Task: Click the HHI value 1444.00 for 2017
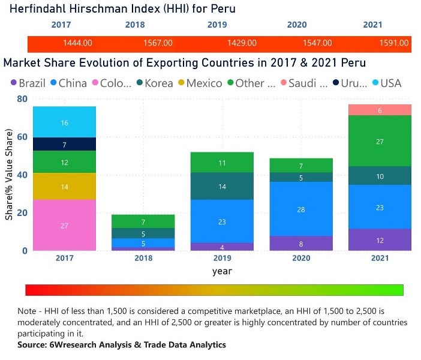click(x=77, y=43)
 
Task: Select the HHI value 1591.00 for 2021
click(x=395, y=43)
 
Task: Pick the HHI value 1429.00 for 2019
click(x=242, y=43)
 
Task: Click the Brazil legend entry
click(x=26, y=83)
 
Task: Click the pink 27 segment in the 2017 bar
click(x=64, y=226)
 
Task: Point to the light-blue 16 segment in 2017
click(x=64, y=122)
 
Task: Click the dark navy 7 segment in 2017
click(x=64, y=145)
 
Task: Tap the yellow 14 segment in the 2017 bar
click(x=64, y=187)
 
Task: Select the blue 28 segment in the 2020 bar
click(x=301, y=209)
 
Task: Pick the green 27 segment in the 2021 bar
click(x=380, y=142)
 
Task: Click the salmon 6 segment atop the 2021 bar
click(x=380, y=110)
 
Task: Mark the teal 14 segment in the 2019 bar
click(x=222, y=187)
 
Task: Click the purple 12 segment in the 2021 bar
click(x=380, y=240)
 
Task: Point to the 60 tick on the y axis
click(x=22, y=137)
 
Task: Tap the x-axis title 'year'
click(x=222, y=271)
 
